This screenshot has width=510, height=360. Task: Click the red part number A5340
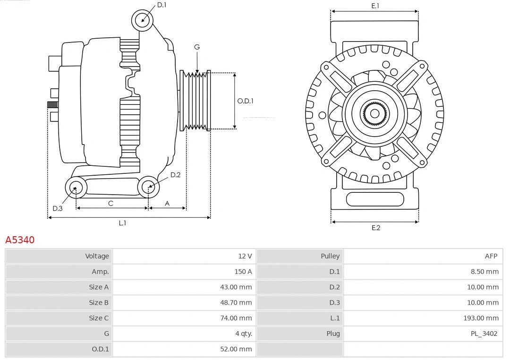point(20,240)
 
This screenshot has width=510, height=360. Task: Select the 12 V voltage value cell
point(245,256)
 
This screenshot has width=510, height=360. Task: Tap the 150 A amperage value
point(243,272)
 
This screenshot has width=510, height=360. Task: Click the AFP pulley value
point(491,256)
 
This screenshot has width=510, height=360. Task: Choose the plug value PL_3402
point(484,334)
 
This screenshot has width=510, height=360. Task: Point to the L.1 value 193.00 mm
point(481,318)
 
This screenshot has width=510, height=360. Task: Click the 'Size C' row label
point(99,318)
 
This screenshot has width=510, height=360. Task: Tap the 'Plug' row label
point(333,334)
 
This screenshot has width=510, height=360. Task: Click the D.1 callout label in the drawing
point(161,5)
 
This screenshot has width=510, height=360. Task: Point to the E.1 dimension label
point(375,6)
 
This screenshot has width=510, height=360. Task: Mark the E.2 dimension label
point(375,228)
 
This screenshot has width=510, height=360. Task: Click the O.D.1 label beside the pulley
point(245,101)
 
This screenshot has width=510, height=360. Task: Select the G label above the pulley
point(197,47)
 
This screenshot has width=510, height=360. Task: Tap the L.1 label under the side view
point(122,223)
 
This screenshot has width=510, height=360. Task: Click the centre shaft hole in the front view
point(374,113)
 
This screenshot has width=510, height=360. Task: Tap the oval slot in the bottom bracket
point(375,199)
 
